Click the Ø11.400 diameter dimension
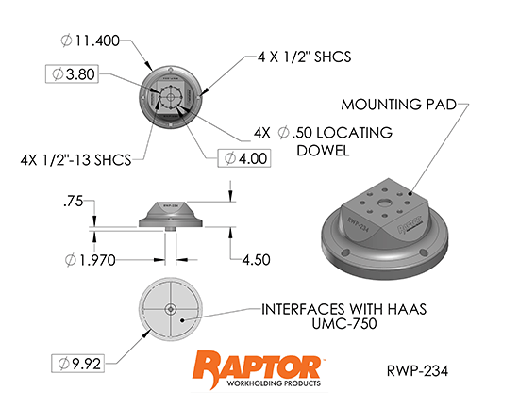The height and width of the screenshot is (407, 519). coord(90,41)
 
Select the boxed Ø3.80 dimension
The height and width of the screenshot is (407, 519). coord(72,73)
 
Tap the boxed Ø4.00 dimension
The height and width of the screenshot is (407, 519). coord(244,158)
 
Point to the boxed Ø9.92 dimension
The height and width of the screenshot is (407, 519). coord(77,364)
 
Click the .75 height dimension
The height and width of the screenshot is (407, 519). coord(74,202)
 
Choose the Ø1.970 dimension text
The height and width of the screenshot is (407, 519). coord(90,260)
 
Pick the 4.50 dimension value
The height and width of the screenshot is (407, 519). coord(256,260)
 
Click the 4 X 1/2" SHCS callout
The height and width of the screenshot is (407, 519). coord(304,57)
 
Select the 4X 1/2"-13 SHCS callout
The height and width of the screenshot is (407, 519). coord(75,160)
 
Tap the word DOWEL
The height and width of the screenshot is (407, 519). coord(323,151)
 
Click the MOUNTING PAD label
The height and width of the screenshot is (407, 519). coord(399,105)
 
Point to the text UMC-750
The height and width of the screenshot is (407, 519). coord(344,323)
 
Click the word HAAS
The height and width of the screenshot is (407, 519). coord(407,309)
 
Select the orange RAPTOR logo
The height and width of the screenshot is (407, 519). coord(257,366)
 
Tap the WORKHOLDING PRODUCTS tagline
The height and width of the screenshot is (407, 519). coord(274,383)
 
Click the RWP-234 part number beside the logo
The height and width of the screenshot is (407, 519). coord(417,370)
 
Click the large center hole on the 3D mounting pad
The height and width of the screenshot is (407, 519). coord(384,203)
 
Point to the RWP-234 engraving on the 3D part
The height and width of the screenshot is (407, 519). coord(358,224)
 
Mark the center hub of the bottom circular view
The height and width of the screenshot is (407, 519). coord(170,309)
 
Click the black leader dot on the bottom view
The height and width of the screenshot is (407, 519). coord(182,319)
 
